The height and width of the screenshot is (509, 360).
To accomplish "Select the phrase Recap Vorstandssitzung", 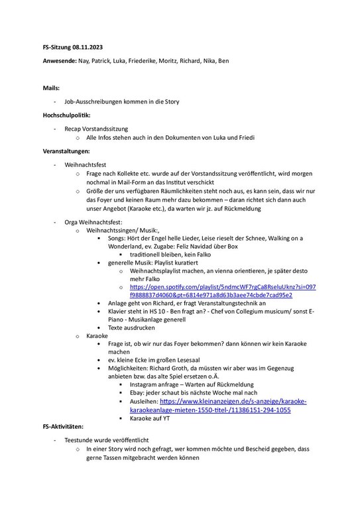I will point(96,128).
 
